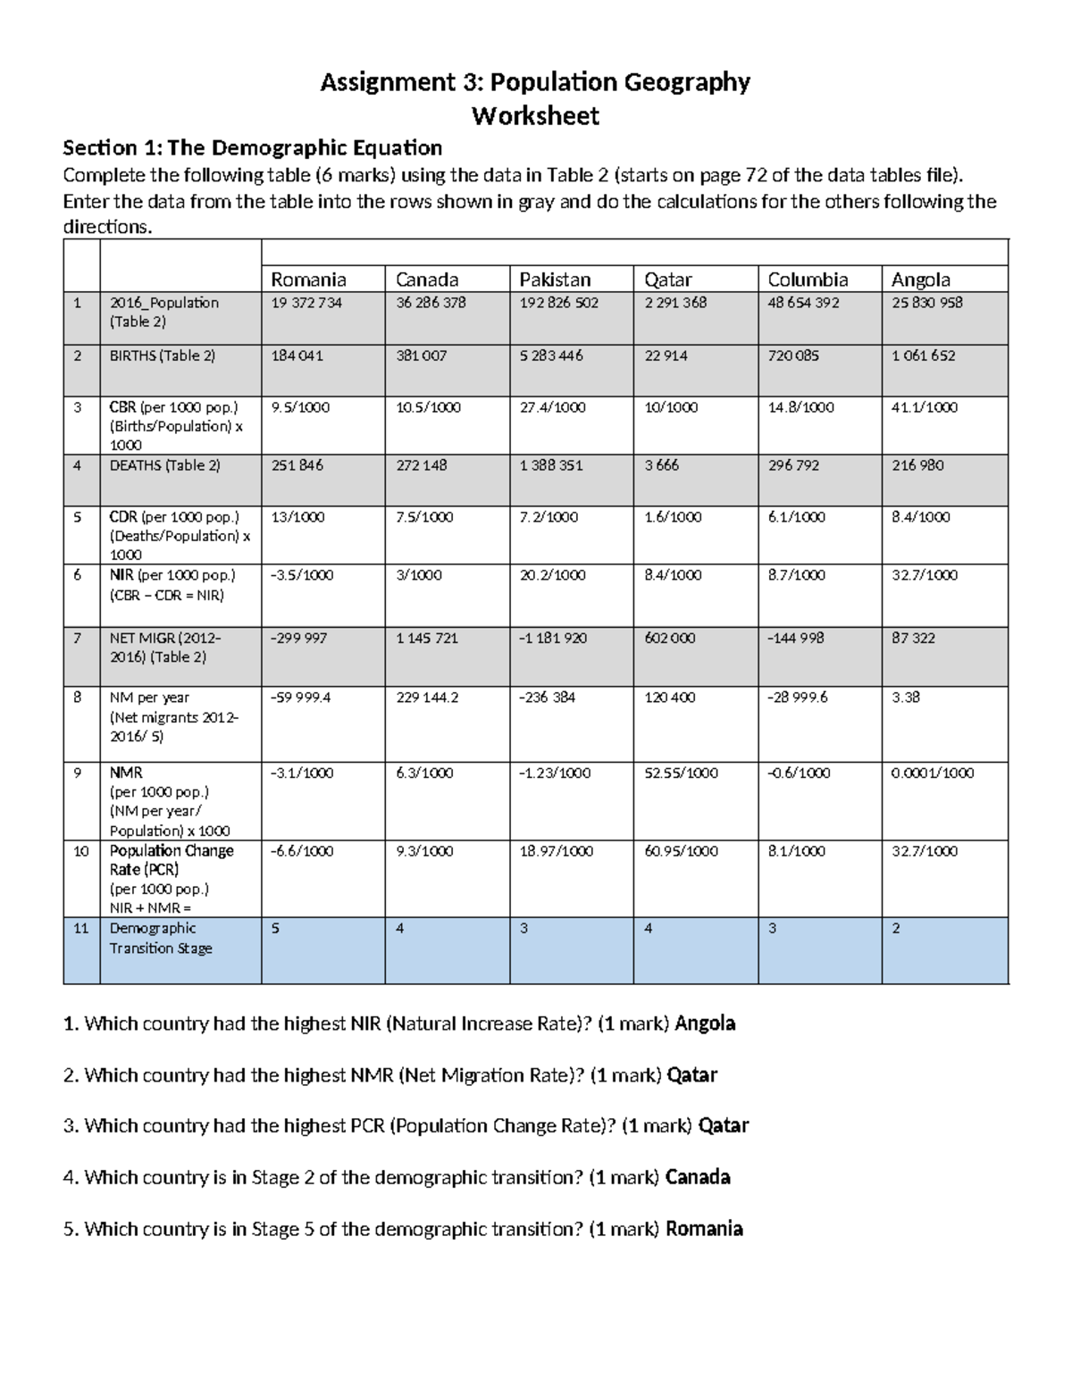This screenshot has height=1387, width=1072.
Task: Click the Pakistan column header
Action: [555, 280]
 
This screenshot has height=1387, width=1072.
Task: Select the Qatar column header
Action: [668, 280]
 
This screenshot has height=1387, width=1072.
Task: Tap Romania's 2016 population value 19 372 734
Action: [306, 303]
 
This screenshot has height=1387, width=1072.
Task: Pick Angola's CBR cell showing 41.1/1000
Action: [925, 407]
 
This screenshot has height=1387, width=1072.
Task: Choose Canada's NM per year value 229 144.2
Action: [427, 698]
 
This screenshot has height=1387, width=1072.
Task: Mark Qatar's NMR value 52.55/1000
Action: [681, 773]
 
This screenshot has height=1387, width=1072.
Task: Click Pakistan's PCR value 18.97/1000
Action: [557, 852]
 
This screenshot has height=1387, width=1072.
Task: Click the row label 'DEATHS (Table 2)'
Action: [164, 465]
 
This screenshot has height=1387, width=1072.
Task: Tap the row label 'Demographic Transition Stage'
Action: [161, 939]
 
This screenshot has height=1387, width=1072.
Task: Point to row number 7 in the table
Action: [78, 639]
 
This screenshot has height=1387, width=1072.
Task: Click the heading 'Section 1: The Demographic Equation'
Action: [253, 147]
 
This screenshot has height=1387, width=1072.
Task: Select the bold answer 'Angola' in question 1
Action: [705, 1024]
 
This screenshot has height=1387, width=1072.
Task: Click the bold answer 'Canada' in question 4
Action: [698, 1177]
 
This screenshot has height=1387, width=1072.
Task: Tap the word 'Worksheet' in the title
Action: [535, 116]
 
